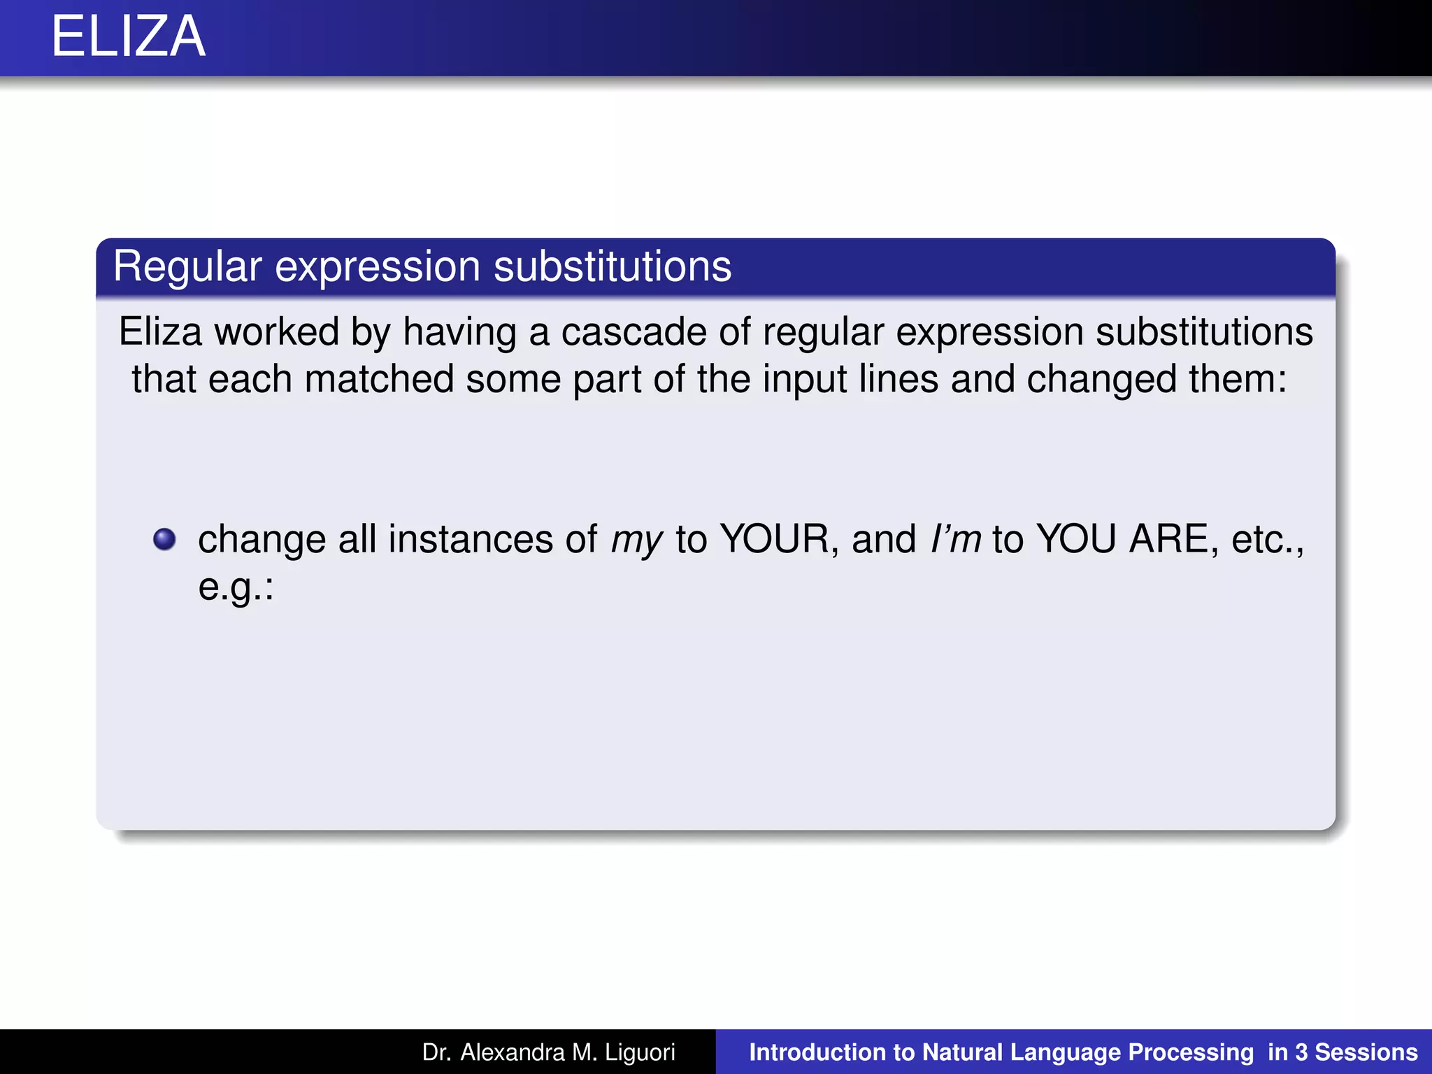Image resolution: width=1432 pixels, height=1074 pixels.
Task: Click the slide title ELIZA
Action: (129, 37)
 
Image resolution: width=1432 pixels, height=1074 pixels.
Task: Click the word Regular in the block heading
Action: (187, 266)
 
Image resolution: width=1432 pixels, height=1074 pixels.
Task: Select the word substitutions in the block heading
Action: (613, 266)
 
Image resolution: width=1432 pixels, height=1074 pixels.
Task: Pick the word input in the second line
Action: (804, 379)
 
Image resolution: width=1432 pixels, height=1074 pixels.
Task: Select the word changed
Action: (1101, 379)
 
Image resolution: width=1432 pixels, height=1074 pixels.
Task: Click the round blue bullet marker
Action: (164, 539)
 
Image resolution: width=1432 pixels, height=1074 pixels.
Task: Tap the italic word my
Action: (636, 540)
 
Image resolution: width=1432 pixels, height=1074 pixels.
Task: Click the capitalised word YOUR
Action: (775, 539)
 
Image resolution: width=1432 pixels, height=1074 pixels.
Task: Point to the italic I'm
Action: (955, 539)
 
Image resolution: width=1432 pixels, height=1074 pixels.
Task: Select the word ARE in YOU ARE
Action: (1170, 539)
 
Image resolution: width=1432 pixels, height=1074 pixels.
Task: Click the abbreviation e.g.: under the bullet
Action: (236, 587)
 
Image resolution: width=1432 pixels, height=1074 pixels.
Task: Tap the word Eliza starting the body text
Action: (160, 331)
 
